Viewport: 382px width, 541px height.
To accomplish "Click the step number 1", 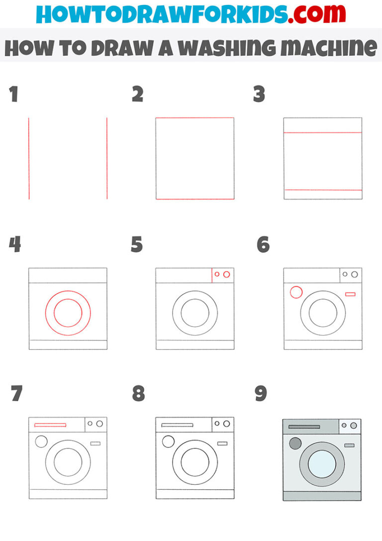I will pyautogui.click(x=13, y=94).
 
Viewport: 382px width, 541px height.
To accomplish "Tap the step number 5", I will pyautogui.click(x=137, y=245).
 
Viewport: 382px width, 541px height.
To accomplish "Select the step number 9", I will pyautogui.click(x=261, y=394).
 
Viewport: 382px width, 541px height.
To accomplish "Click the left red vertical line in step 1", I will pyautogui.click(x=29, y=158).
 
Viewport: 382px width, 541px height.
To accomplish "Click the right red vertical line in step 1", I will pyautogui.click(x=107, y=158).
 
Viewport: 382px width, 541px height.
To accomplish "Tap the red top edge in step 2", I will pyautogui.click(x=195, y=118).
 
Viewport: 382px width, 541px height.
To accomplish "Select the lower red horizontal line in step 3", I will pyautogui.click(x=323, y=190).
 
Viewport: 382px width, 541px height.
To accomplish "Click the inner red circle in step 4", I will pyautogui.click(x=68, y=313).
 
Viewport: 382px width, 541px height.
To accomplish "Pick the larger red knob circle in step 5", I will pyautogui.click(x=227, y=274).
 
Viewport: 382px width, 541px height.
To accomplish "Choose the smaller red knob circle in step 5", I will pyautogui.click(x=217, y=274).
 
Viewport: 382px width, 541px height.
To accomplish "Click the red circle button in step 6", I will pyautogui.click(x=296, y=292).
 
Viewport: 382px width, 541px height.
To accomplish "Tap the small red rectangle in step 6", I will pyautogui.click(x=350, y=294).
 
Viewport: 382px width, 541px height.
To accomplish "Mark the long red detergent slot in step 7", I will pyautogui.click(x=50, y=425).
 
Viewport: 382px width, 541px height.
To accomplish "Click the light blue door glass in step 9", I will pyautogui.click(x=322, y=463).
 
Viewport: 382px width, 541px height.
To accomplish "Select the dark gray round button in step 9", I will pyautogui.click(x=295, y=443).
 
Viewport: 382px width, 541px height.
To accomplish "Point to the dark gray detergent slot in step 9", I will pyautogui.click(x=304, y=427).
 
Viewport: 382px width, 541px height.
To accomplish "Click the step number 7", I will pyautogui.click(x=16, y=394).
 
